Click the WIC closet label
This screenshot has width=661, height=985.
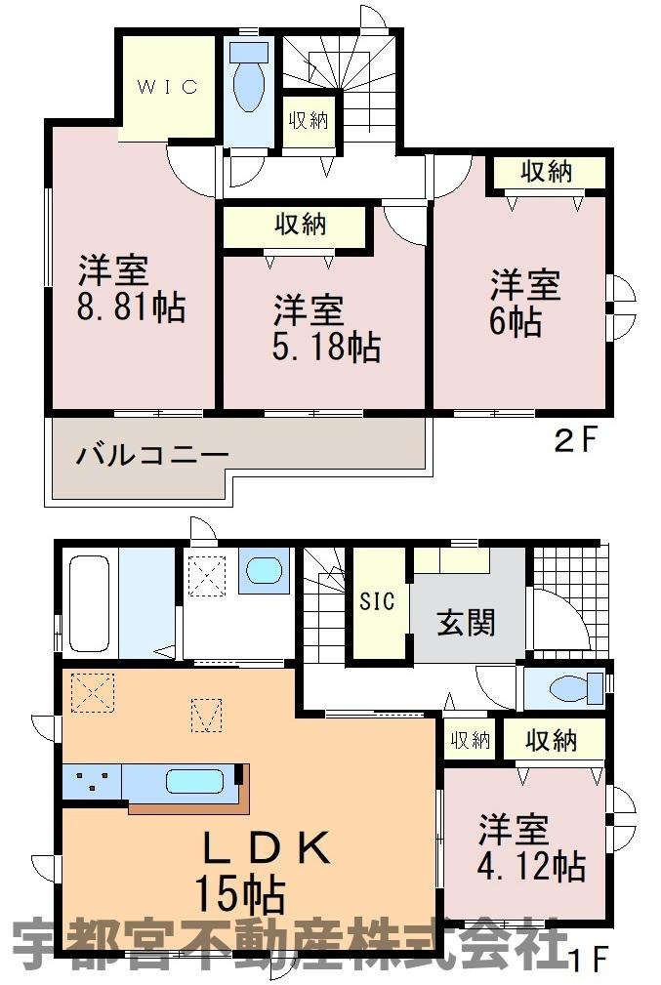coord(166,87)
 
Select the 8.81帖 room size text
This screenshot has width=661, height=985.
coord(132,308)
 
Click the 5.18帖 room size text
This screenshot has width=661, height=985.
coord(326,348)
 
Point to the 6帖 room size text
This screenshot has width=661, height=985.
coord(516,323)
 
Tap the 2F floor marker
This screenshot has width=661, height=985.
coord(574,441)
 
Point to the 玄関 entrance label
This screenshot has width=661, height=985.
coord(467,622)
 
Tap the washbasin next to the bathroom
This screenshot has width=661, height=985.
coord(264,571)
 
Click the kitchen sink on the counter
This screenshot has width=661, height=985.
coord(197,782)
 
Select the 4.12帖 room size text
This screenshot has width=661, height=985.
coord(531,865)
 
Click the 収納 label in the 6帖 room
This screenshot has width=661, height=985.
coord(545,173)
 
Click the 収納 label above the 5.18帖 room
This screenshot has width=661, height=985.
coord(299,226)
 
